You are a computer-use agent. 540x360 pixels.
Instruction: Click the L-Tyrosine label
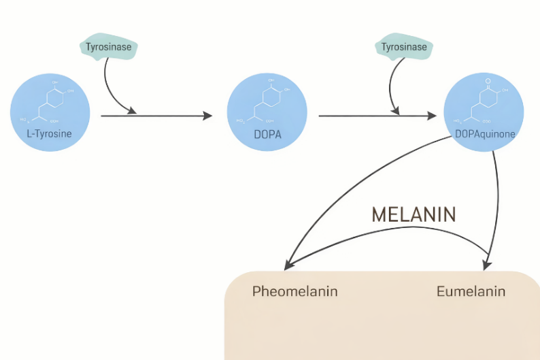pos(49,134)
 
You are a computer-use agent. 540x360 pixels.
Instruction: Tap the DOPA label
pos(267,134)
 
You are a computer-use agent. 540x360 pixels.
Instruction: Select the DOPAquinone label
pos(484,134)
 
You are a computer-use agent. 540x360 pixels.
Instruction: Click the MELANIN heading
pos(414,215)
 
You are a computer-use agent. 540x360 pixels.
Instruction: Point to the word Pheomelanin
pos(294,292)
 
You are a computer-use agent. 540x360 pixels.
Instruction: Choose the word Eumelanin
pos(471,292)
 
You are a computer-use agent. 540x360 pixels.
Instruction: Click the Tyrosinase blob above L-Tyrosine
pos(109,47)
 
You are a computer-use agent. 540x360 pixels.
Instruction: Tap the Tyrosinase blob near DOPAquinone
pos(404,47)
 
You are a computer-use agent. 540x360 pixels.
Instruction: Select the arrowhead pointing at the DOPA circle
pos(208,116)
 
